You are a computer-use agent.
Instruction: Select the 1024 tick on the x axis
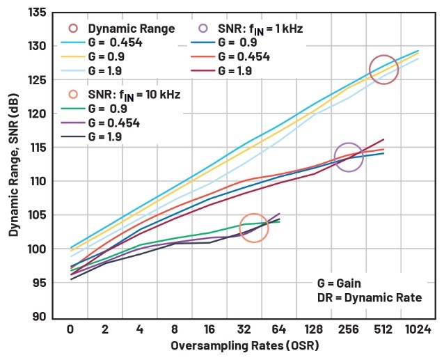418,329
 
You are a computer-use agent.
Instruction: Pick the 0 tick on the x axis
70,329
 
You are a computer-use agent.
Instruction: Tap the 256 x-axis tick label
348,329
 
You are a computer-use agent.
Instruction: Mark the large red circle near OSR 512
383,70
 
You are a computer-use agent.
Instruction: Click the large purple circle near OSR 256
349,157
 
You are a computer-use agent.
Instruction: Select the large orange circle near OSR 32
254,228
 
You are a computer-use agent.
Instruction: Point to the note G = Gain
339,283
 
